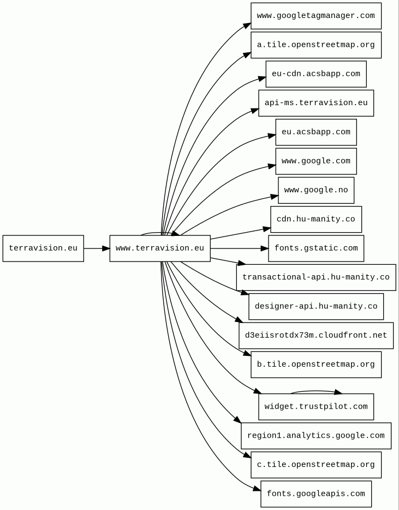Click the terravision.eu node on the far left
(x=43, y=248)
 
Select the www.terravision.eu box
(x=160, y=248)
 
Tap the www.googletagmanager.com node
(x=316, y=16)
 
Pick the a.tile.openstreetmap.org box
(x=316, y=45)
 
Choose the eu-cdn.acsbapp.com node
(x=316, y=74)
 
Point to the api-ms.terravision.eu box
(x=316, y=103)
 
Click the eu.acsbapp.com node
(x=316, y=132)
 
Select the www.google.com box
(x=316, y=161)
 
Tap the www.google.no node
(x=316, y=190)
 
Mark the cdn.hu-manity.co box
(x=316, y=220)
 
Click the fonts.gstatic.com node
(x=316, y=248)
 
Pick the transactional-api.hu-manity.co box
(x=316, y=277)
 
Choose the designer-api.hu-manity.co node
(x=316, y=307)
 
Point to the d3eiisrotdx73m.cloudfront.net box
(x=316, y=336)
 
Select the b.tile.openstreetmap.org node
(x=316, y=365)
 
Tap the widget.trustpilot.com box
(x=316, y=407)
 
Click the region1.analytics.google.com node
(x=316, y=436)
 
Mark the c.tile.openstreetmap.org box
(x=316, y=465)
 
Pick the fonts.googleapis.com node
(x=316, y=494)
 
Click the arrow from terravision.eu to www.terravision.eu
(x=97, y=248)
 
